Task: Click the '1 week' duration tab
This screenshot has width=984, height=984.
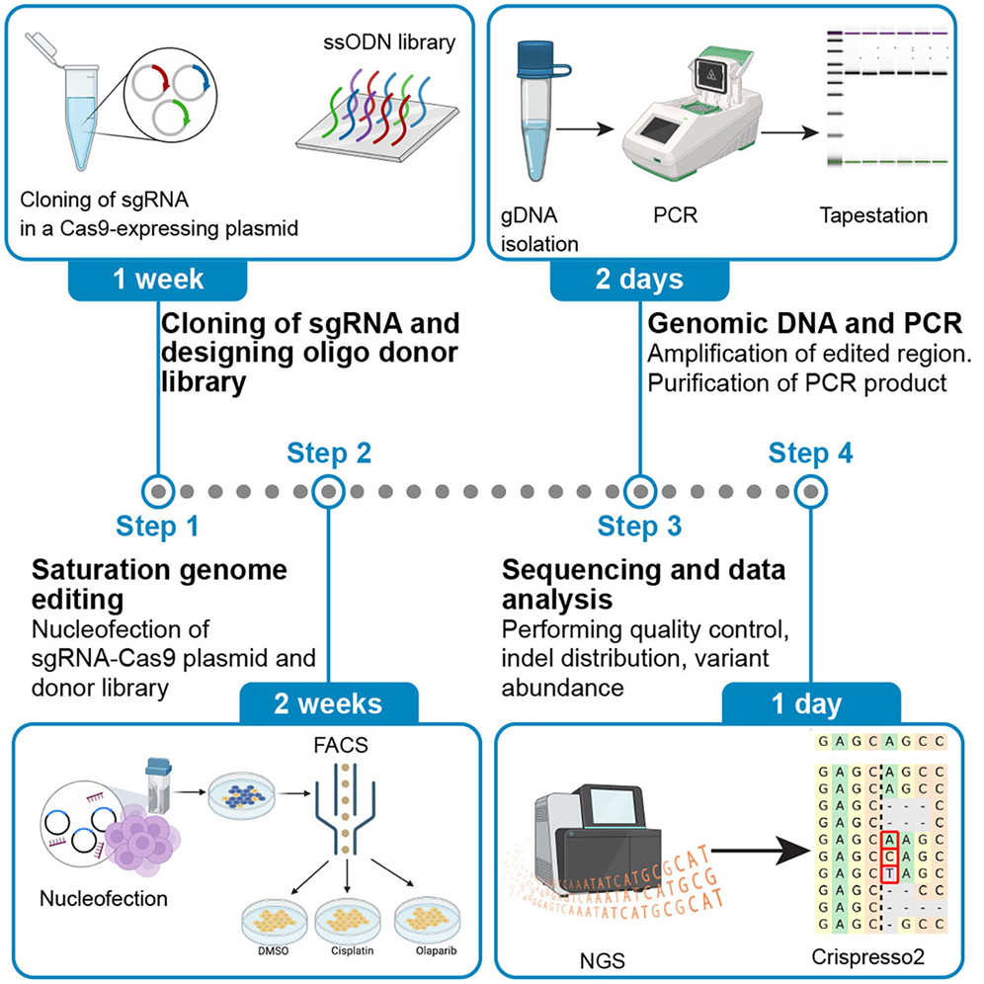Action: (159, 280)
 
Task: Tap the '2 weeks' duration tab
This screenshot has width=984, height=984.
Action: (328, 704)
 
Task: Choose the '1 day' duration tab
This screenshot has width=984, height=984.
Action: (809, 704)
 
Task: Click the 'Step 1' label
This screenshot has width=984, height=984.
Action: (158, 526)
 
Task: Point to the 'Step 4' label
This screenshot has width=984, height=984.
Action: (811, 454)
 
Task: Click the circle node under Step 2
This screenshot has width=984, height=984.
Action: (326, 490)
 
